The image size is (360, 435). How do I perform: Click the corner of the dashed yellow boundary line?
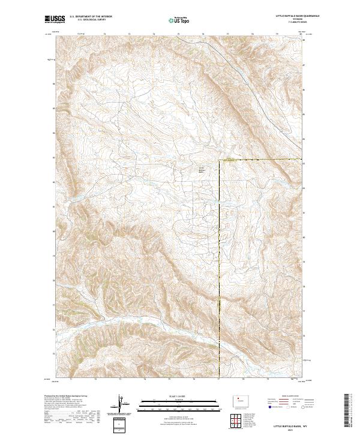[219, 160]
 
